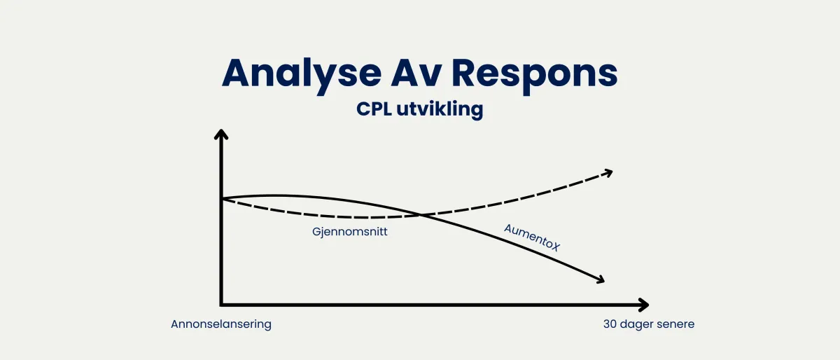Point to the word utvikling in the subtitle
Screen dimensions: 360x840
[442, 110]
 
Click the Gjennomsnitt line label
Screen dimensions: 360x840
[350, 232]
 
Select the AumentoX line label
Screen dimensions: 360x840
[533, 238]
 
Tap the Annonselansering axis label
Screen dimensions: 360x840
[220, 324]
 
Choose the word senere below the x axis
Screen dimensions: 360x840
[675, 324]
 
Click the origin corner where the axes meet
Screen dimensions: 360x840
[222, 305]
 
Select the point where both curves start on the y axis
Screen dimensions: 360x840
[222, 200]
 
